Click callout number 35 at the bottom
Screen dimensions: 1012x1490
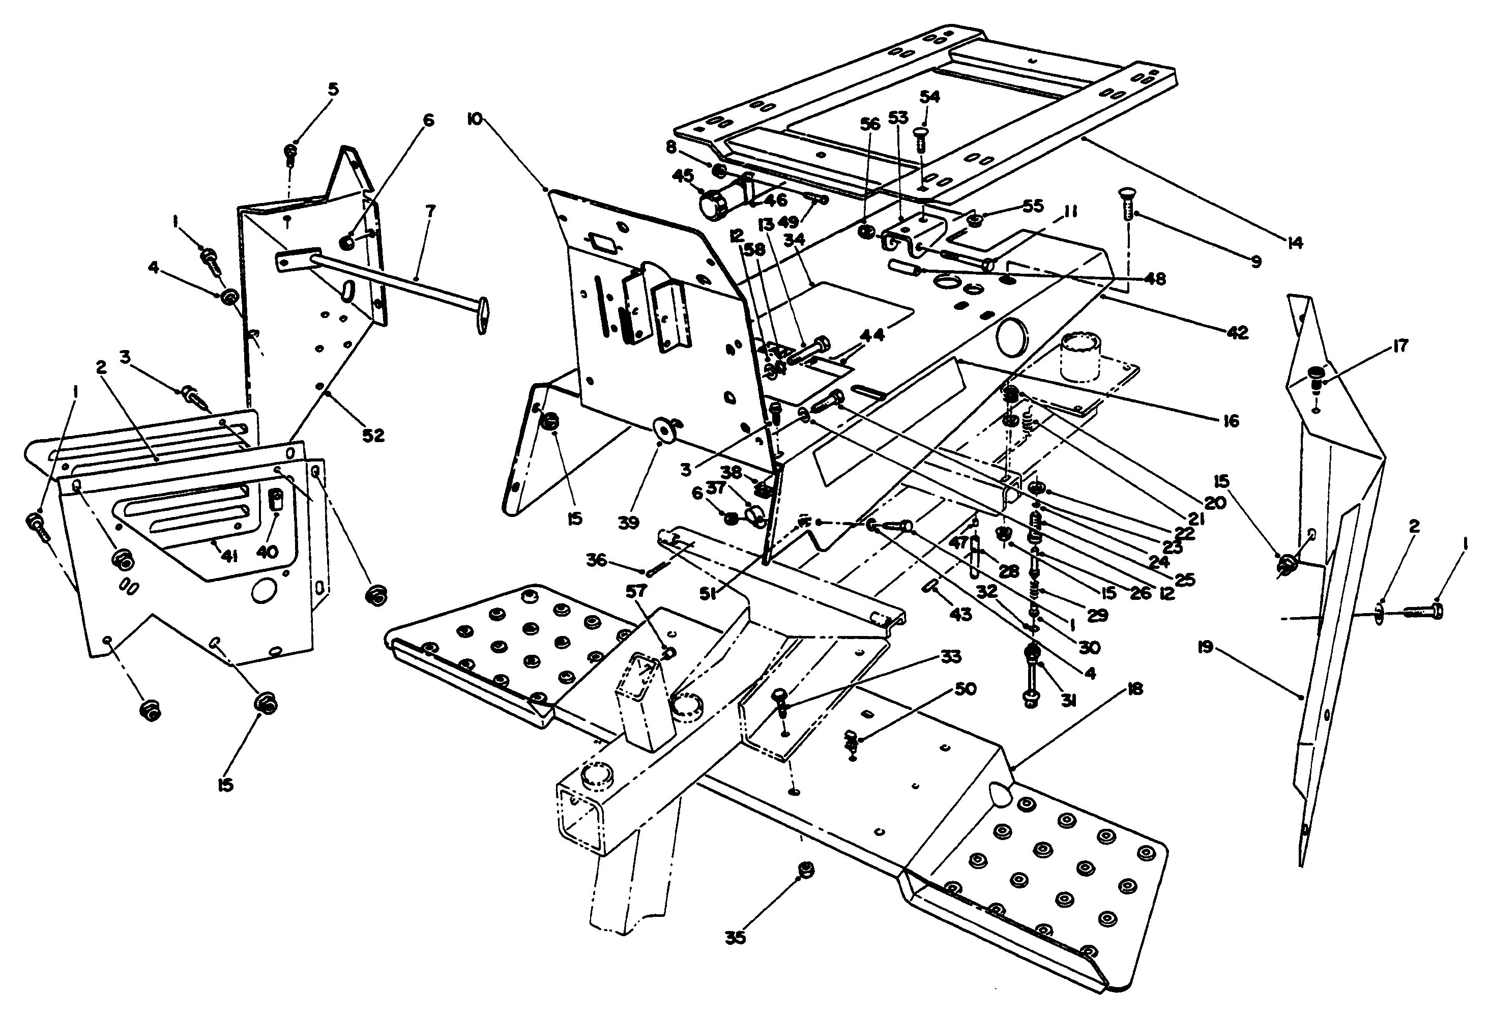(736, 938)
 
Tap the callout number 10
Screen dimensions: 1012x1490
(475, 119)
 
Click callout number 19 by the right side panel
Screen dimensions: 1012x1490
(1205, 648)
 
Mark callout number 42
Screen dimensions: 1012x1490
(1237, 332)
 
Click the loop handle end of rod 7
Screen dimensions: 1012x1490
(482, 318)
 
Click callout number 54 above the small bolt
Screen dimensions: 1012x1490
(929, 97)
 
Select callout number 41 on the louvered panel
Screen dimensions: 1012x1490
(229, 557)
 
